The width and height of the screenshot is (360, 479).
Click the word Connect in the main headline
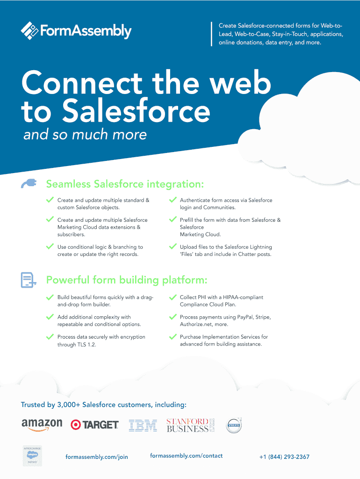[x=82, y=84]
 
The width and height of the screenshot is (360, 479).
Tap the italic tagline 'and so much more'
[x=85, y=135]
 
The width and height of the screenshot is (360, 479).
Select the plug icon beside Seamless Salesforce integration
[x=29, y=183]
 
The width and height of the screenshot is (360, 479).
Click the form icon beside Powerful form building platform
[x=29, y=280]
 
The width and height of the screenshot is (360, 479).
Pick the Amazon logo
[x=42, y=424]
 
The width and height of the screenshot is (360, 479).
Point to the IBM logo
[x=143, y=425]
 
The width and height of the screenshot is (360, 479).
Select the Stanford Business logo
[x=190, y=425]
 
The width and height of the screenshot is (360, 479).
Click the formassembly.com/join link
[x=97, y=457]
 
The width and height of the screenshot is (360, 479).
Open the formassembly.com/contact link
[x=186, y=456]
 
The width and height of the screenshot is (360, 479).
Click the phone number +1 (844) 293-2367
[x=284, y=457]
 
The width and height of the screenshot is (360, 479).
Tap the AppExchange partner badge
[x=32, y=456]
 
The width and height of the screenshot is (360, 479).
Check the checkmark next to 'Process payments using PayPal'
[x=172, y=317]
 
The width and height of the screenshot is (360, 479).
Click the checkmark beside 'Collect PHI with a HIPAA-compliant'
[x=172, y=297]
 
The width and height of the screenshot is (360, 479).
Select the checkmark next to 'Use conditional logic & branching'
[x=50, y=246]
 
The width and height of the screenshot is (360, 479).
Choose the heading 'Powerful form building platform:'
[x=126, y=280]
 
